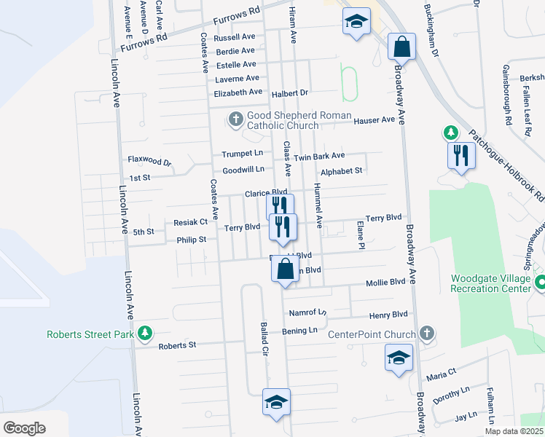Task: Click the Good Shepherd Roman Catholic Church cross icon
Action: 235,118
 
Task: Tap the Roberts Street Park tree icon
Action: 146,332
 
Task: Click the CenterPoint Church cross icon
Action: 427,334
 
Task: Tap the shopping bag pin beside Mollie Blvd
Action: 285,269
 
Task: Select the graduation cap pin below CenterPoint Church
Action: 398,358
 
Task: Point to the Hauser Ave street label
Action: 374,119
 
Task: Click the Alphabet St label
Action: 341,171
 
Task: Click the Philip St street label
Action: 192,239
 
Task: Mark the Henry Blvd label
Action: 388,315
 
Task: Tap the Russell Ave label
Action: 234,36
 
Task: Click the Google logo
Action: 24,428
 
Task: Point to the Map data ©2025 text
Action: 513,431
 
